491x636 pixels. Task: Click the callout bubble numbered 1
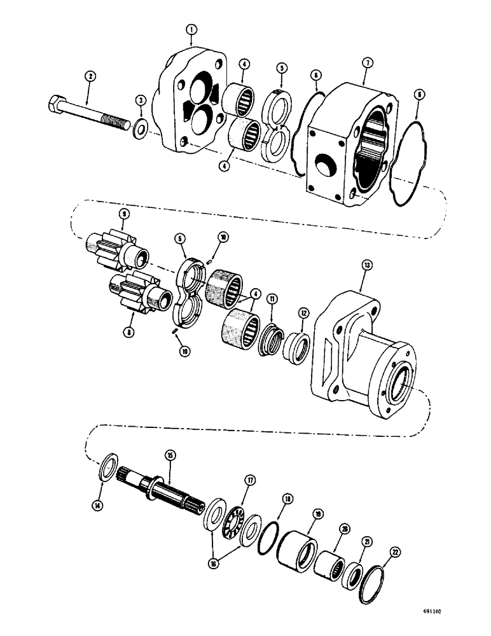click(x=191, y=29)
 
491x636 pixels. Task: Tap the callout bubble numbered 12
click(x=304, y=312)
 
